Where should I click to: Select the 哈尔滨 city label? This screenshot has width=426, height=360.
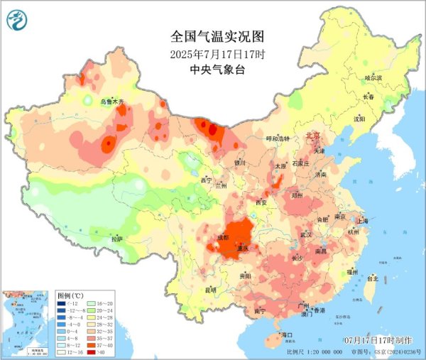(x=373, y=77)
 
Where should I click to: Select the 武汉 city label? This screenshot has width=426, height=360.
(x=307, y=234)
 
